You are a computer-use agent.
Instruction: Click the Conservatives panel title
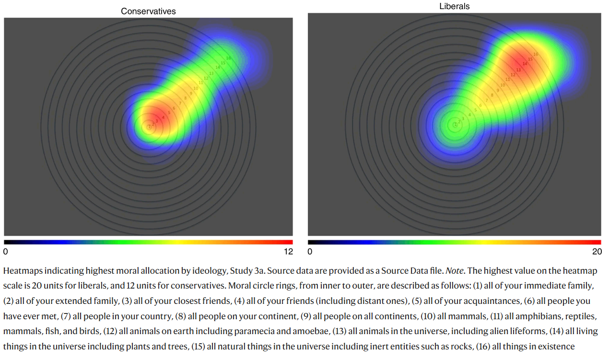click(148, 11)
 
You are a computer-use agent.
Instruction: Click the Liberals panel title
click(454, 7)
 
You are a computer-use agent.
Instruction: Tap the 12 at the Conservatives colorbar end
click(288, 251)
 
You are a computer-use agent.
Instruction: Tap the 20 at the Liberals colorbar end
click(597, 251)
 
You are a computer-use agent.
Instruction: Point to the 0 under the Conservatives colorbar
click(6, 251)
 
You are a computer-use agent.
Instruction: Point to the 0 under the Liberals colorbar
click(310, 251)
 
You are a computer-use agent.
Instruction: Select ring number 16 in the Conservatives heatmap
click(229, 58)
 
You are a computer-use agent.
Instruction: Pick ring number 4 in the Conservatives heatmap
click(163, 117)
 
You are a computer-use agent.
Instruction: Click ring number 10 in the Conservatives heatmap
click(196, 88)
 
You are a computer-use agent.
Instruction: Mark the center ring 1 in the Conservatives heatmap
click(149, 128)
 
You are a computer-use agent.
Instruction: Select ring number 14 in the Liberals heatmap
click(525, 63)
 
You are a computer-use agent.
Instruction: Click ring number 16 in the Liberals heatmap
click(536, 54)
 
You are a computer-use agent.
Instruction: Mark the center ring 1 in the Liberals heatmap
click(455, 125)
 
